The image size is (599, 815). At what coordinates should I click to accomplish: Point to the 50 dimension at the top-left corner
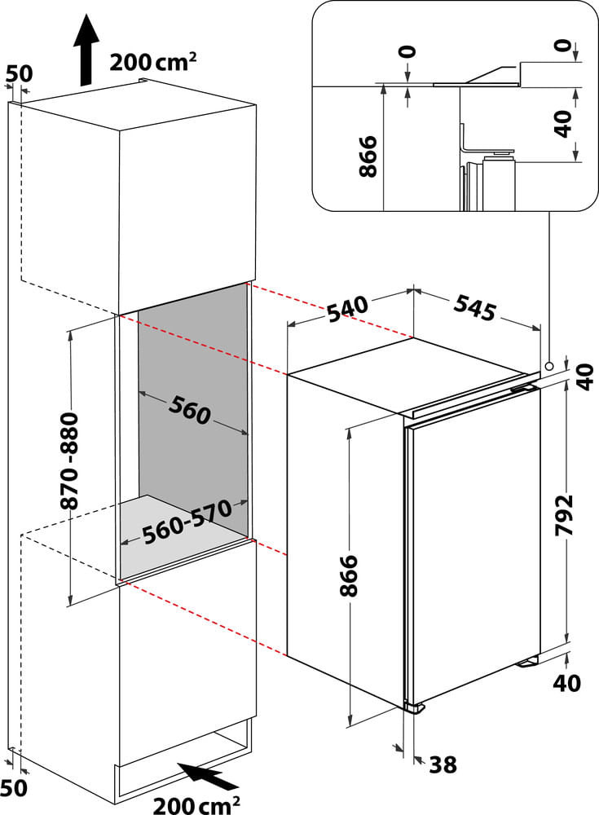[19, 73]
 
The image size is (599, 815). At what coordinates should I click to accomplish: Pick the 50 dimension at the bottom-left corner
[16, 786]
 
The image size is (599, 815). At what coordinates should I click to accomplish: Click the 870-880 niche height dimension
[70, 460]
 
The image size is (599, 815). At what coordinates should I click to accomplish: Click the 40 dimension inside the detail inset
[562, 123]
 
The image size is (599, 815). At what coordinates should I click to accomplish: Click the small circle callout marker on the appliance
[550, 366]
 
